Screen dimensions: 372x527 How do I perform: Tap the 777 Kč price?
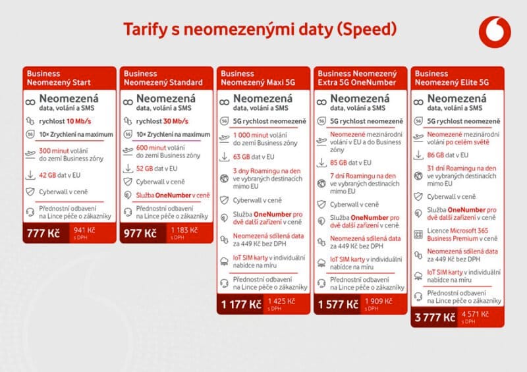tap(43, 233)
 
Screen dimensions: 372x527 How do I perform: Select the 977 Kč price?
tap(139, 233)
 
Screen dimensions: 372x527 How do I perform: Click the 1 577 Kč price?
tap(337, 304)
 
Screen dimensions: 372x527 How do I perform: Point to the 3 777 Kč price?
tap(434, 317)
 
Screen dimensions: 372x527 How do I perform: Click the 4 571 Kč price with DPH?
tap(474, 315)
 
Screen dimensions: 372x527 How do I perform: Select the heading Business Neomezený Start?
tap(57, 78)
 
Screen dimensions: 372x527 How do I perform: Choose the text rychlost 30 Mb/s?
tap(162, 121)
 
